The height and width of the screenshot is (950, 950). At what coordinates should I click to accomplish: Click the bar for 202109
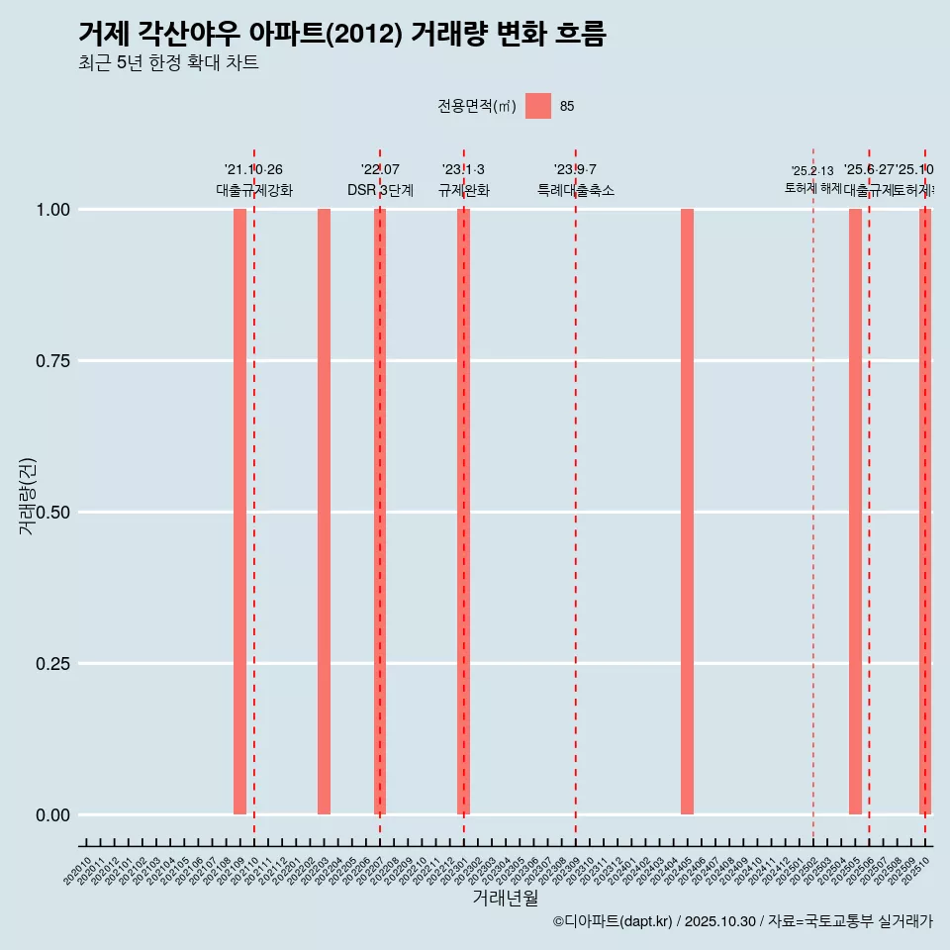(239, 512)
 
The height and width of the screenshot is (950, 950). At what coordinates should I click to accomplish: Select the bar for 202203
(324, 512)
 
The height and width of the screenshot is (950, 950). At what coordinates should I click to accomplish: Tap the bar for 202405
(687, 512)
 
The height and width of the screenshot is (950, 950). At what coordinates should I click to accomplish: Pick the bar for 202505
(855, 512)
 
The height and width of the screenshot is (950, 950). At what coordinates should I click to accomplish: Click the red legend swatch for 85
(537, 106)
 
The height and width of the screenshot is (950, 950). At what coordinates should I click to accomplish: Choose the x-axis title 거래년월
(505, 899)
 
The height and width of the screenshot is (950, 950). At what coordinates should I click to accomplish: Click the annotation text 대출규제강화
(254, 190)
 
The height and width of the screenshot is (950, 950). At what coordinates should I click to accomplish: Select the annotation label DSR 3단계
(380, 190)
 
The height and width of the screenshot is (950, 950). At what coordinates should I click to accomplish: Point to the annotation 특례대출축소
(576, 190)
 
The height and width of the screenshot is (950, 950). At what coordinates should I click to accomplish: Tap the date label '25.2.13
(812, 171)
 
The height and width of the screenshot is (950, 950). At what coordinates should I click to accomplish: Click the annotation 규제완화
(463, 190)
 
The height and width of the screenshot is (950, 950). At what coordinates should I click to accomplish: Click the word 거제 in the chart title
(100, 34)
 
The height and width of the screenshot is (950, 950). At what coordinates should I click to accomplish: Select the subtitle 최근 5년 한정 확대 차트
(168, 63)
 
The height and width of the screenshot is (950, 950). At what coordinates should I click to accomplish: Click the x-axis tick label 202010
(78, 872)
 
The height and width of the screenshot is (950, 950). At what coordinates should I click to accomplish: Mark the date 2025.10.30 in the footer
(719, 921)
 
